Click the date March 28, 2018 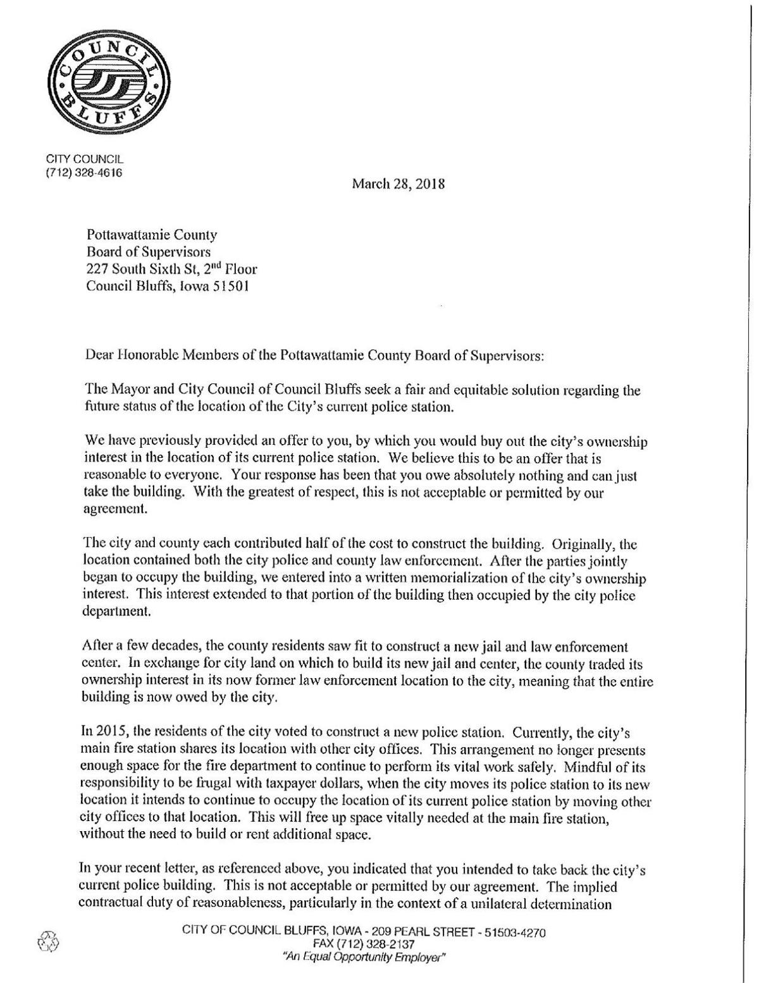click(398, 184)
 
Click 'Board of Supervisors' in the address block click(148, 252)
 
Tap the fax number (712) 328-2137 click(363, 944)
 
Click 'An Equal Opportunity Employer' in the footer click(364, 957)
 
